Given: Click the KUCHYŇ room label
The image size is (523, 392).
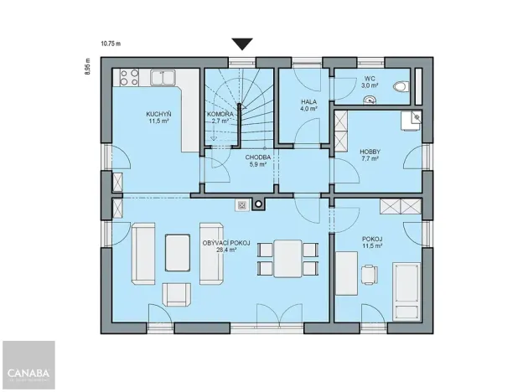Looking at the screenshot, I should click(x=157, y=117).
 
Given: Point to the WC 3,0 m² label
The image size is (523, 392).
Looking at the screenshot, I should click(x=370, y=81).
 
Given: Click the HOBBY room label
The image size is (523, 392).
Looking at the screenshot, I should click(x=370, y=154).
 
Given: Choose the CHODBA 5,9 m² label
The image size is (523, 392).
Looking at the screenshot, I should click(x=256, y=161).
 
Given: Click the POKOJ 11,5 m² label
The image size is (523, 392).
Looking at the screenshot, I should click(x=372, y=241).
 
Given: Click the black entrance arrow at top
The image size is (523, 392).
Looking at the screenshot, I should click(x=243, y=44).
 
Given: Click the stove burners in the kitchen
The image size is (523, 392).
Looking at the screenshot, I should click(x=129, y=78).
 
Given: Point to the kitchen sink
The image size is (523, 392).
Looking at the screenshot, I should click(x=160, y=78).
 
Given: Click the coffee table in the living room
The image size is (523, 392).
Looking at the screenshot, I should click(x=177, y=252).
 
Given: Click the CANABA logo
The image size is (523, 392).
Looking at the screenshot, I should click(x=28, y=373).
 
